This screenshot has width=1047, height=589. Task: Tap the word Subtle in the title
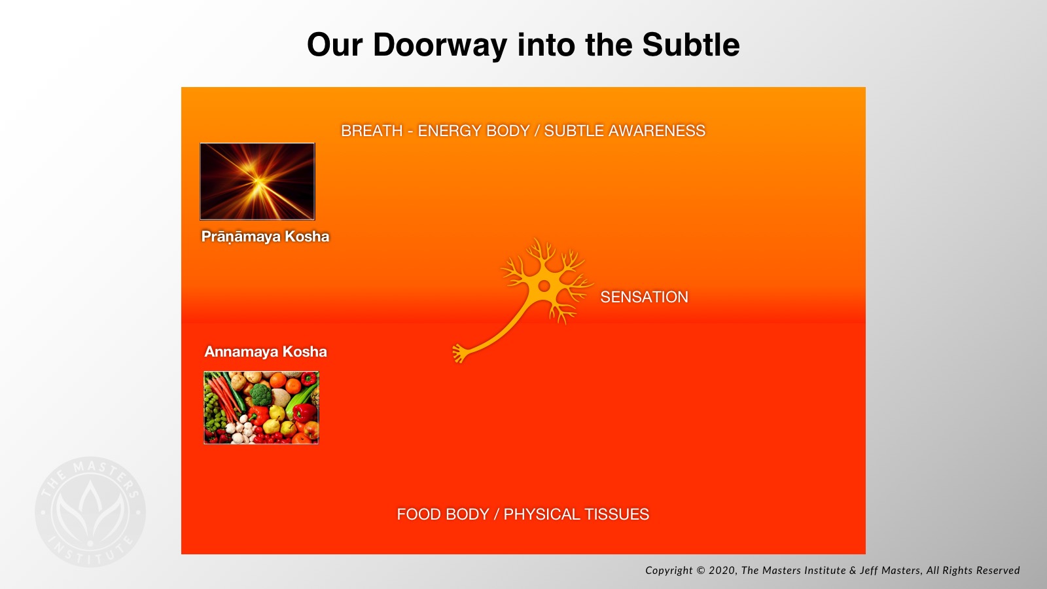click(x=691, y=45)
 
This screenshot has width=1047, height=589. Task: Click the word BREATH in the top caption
click(x=372, y=131)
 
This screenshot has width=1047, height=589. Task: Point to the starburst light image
click(x=258, y=181)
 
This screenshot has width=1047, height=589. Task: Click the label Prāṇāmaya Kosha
click(x=265, y=236)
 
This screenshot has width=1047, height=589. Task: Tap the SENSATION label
click(x=644, y=297)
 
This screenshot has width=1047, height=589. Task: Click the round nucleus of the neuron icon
click(x=544, y=285)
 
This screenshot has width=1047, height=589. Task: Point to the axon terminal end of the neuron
click(x=459, y=353)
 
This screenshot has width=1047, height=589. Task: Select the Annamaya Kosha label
click(x=266, y=351)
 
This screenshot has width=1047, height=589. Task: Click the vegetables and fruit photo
click(x=261, y=408)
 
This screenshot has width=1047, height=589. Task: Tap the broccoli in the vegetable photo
click(x=261, y=395)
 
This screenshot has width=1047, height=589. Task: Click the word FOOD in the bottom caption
click(x=418, y=514)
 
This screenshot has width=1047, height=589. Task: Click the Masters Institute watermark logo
click(x=90, y=512)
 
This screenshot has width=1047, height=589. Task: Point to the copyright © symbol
click(x=700, y=570)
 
